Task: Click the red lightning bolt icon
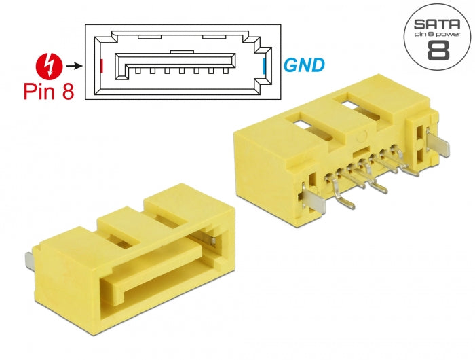coord(49,67)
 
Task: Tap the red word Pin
coord(41,92)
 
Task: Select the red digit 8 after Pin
coord(67,92)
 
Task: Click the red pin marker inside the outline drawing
coord(101,66)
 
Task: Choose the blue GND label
coord(303,66)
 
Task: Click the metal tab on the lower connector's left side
coord(28,260)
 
